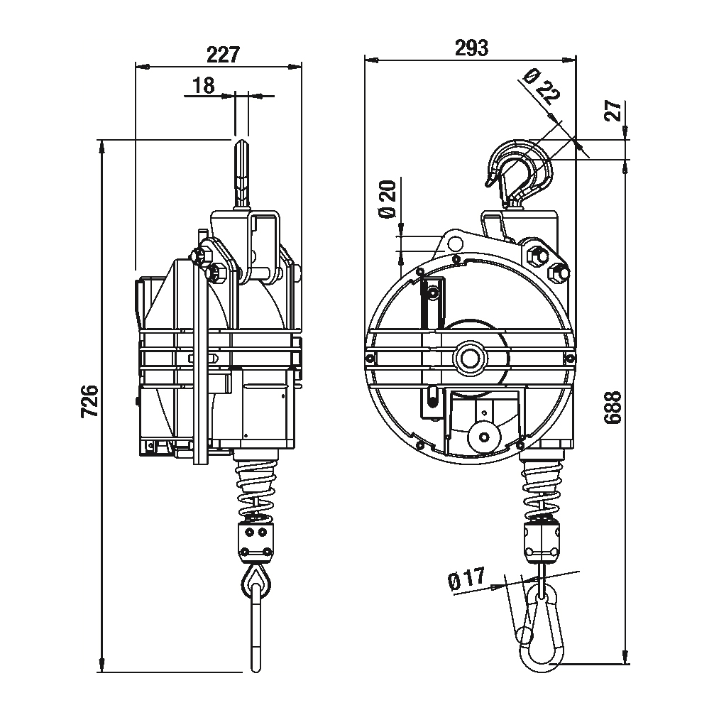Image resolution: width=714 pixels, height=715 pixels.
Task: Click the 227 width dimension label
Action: coord(223,55)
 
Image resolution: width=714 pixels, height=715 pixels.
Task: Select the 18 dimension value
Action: coord(204,85)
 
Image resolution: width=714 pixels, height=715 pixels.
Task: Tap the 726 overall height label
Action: coord(90,401)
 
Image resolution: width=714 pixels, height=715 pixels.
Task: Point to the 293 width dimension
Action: coord(471,48)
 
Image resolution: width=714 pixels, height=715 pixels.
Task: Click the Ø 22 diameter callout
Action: coord(542,87)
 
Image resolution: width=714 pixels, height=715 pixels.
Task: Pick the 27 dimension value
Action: coord(614,110)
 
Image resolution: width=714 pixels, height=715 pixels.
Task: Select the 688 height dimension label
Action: coord(613,408)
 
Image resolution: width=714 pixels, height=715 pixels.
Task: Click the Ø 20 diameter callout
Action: coord(388,199)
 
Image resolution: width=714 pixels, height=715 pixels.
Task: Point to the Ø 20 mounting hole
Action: coord(454,244)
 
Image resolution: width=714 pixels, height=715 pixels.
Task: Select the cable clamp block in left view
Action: coord(256,541)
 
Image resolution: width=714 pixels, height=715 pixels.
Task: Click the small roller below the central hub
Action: coord(483,437)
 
